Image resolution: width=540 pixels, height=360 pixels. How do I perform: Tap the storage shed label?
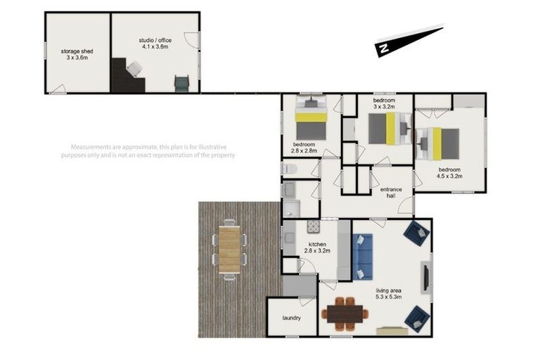coord(77,54)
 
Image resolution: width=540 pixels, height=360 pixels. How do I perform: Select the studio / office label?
coord(155,44)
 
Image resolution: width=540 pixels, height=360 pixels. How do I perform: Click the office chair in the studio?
coord(134,69)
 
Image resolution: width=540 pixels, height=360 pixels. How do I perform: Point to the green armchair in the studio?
coord(181,84)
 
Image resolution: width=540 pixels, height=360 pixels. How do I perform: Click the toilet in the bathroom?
coord(289,169)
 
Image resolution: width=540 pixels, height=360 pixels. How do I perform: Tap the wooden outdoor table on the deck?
coord(229,250)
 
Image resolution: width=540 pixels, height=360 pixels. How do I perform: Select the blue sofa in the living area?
coord(363,257)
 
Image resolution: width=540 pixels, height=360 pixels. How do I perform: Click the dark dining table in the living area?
coord(345,314)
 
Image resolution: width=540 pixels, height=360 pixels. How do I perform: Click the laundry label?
coord(291,318)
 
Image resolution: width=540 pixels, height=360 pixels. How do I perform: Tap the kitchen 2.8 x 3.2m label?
coord(317,247)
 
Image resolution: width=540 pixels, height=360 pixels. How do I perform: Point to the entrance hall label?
coord(391,193)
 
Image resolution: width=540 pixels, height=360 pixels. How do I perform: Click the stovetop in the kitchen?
coord(314,226)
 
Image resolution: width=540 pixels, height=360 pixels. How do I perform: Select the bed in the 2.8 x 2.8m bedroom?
coord(311,117)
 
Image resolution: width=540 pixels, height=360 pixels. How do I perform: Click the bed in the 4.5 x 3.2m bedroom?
coord(437,144)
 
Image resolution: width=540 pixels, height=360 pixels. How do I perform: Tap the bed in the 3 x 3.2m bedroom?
coord(390,129)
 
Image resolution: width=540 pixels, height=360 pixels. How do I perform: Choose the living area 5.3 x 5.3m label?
coord(388,293)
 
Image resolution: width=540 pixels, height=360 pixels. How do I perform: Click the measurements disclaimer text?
coord(148,151)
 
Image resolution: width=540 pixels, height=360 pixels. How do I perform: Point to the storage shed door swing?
coord(58,89)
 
